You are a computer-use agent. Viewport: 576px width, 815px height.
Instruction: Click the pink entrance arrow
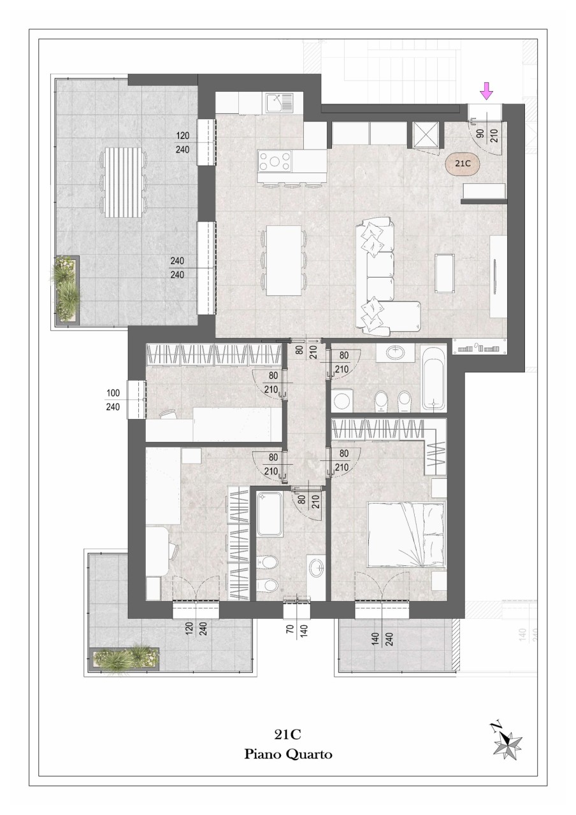click(486, 91)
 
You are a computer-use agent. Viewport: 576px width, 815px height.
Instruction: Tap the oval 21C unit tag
click(463, 164)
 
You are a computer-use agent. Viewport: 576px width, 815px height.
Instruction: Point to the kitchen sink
click(279, 103)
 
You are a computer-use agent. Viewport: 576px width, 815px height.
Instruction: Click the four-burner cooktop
click(275, 161)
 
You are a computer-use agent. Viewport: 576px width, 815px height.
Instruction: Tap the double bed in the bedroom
click(407, 535)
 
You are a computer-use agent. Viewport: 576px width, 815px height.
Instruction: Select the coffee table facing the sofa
click(445, 273)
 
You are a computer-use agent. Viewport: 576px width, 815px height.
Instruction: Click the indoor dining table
click(284, 260)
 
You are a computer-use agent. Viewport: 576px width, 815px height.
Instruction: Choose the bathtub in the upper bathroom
click(433, 378)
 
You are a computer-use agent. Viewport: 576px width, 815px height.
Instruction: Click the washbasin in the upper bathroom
click(396, 352)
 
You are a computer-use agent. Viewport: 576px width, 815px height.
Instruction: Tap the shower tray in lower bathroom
click(270, 514)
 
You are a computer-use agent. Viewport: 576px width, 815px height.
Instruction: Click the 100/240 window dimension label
click(113, 400)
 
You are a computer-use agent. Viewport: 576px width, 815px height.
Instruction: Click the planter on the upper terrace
click(66, 288)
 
